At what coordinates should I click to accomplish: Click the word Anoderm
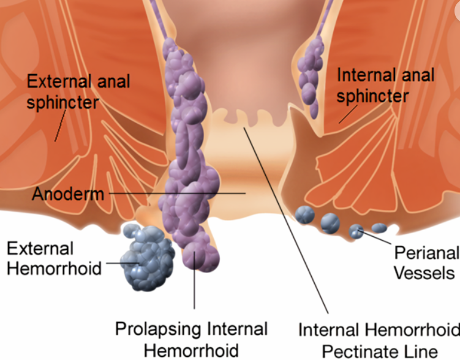[x=68, y=194]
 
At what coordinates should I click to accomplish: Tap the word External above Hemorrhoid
[x=40, y=249]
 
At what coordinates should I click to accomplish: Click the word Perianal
[x=427, y=253]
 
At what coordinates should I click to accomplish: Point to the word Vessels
[x=424, y=273]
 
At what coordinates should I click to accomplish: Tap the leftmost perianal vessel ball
[x=305, y=215]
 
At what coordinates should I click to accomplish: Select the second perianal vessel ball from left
[x=330, y=223]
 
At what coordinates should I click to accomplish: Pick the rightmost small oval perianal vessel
[x=379, y=228]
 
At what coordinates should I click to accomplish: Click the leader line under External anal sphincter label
[x=61, y=125]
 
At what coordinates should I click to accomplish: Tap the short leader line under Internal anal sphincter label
[x=349, y=114]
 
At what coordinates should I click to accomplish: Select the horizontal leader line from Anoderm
[x=177, y=193]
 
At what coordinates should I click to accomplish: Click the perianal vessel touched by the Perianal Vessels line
[x=356, y=231]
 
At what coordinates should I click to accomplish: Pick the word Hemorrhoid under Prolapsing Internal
[x=191, y=351]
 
